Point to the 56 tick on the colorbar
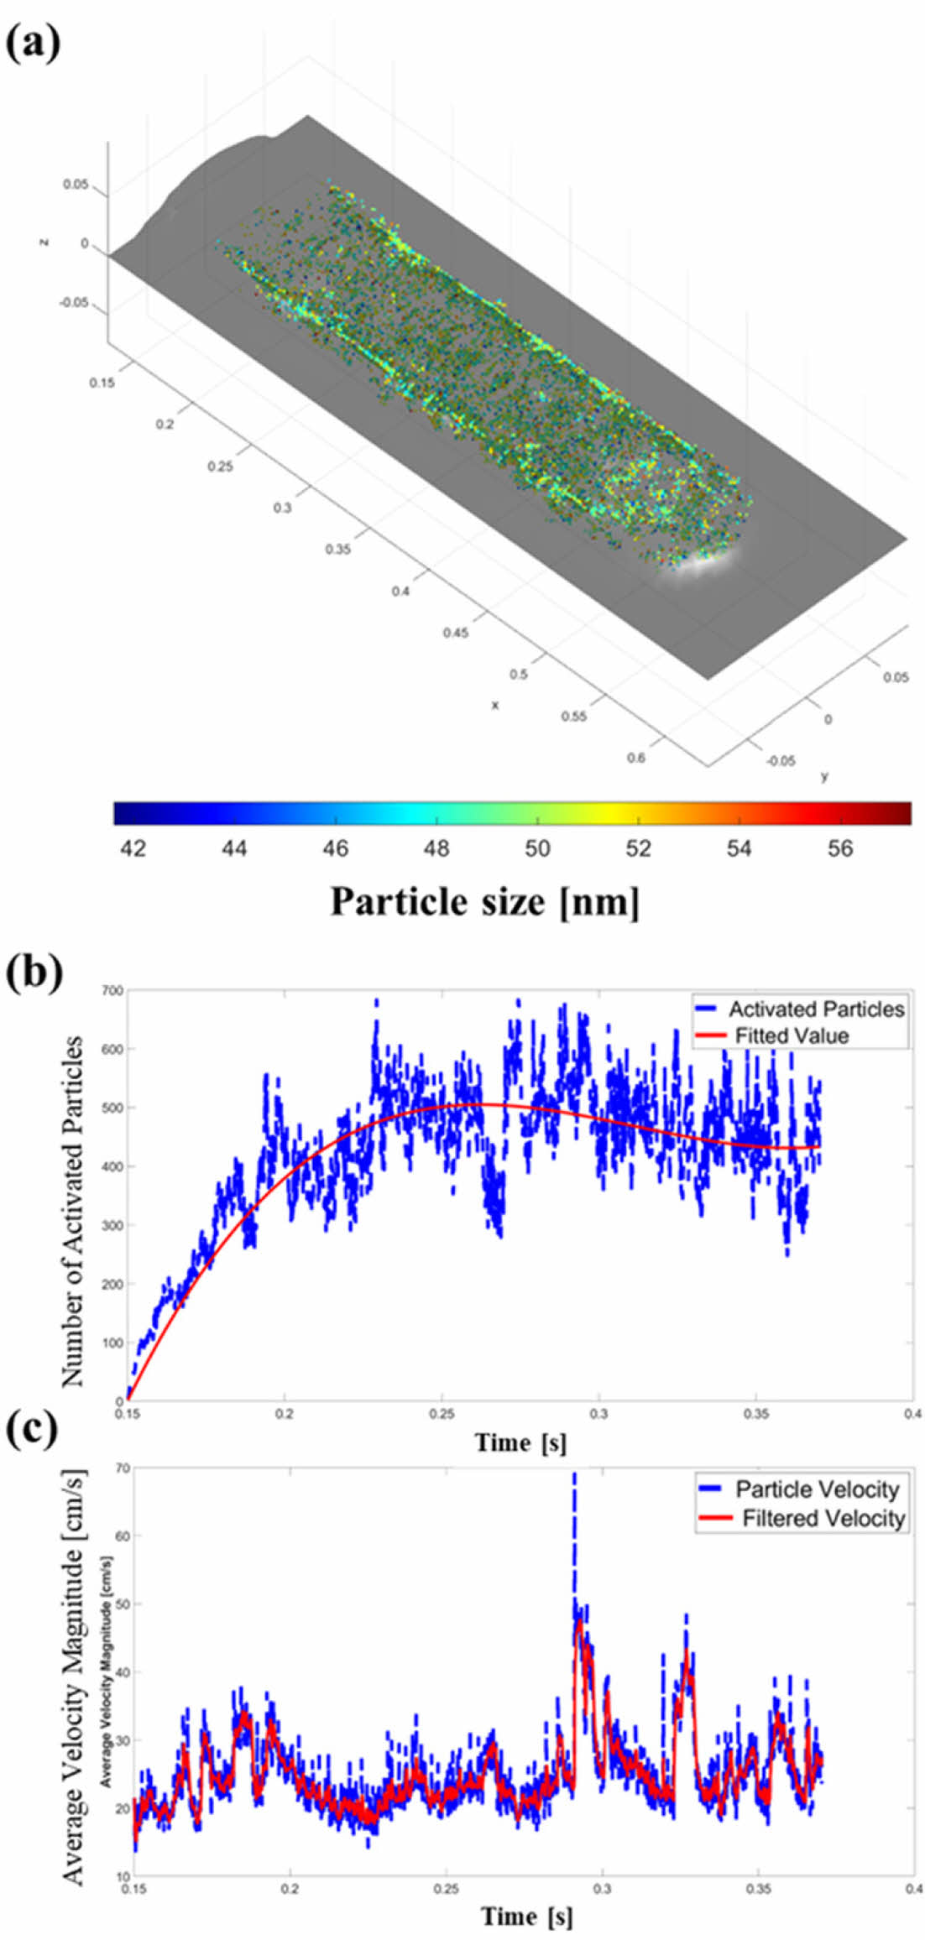(x=839, y=848)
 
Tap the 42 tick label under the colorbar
(x=133, y=848)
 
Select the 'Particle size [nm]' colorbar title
(x=484, y=902)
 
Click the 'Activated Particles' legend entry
(x=815, y=1009)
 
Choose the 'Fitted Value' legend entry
(x=792, y=1035)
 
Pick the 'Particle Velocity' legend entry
(x=817, y=1489)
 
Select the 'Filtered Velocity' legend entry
(x=823, y=1518)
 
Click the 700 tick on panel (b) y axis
(x=112, y=991)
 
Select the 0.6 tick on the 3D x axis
(x=636, y=759)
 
